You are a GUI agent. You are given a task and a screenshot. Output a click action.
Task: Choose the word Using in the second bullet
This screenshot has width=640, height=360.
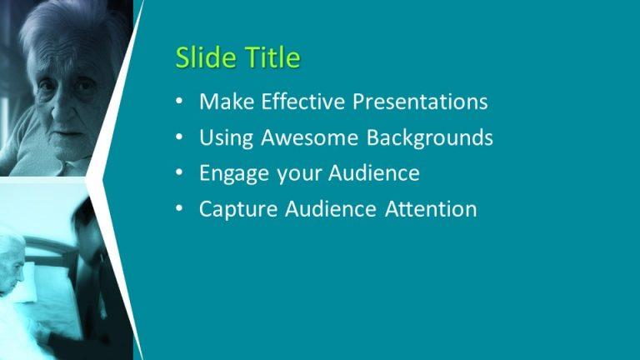tap(227, 137)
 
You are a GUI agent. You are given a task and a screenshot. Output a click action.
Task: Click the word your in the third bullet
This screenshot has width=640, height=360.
tap(298, 174)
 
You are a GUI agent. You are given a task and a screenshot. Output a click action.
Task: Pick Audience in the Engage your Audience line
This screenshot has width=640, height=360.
tap(373, 173)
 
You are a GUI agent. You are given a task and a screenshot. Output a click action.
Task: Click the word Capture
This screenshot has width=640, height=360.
tap(238, 209)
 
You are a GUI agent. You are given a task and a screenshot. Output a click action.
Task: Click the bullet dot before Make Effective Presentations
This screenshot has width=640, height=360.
tap(179, 102)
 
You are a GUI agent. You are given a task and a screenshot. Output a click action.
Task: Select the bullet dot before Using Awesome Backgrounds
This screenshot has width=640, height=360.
tap(179, 138)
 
